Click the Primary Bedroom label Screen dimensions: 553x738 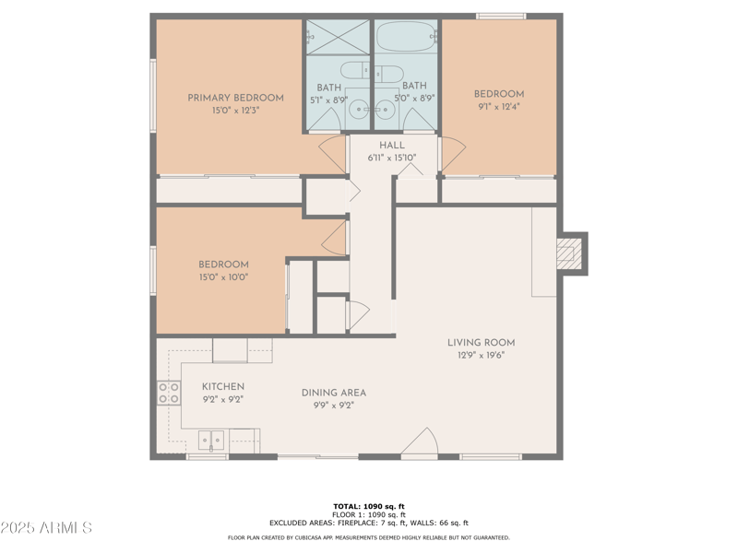click(235, 98)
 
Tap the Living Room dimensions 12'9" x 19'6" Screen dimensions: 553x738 click(481, 356)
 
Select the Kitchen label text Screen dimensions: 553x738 click(223, 386)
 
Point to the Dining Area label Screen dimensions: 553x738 click(334, 393)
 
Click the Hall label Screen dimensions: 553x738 click(392, 146)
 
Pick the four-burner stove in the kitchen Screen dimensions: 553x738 click(168, 394)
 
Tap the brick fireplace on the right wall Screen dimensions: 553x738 click(572, 253)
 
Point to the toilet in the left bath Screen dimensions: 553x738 click(353, 71)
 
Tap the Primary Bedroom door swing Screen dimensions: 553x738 click(331, 154)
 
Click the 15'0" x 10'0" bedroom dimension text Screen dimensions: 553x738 click(223, 276)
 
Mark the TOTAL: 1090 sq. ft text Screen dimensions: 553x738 click(369, 506)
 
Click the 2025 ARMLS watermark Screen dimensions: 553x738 click(46, 528)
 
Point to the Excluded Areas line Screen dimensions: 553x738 click(369, 523)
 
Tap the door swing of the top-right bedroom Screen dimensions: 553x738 click(452, 154)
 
